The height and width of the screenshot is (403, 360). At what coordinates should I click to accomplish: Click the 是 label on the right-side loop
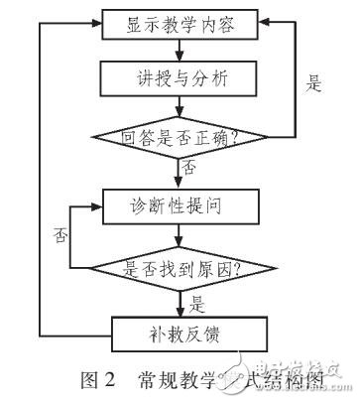click(314, 84)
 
